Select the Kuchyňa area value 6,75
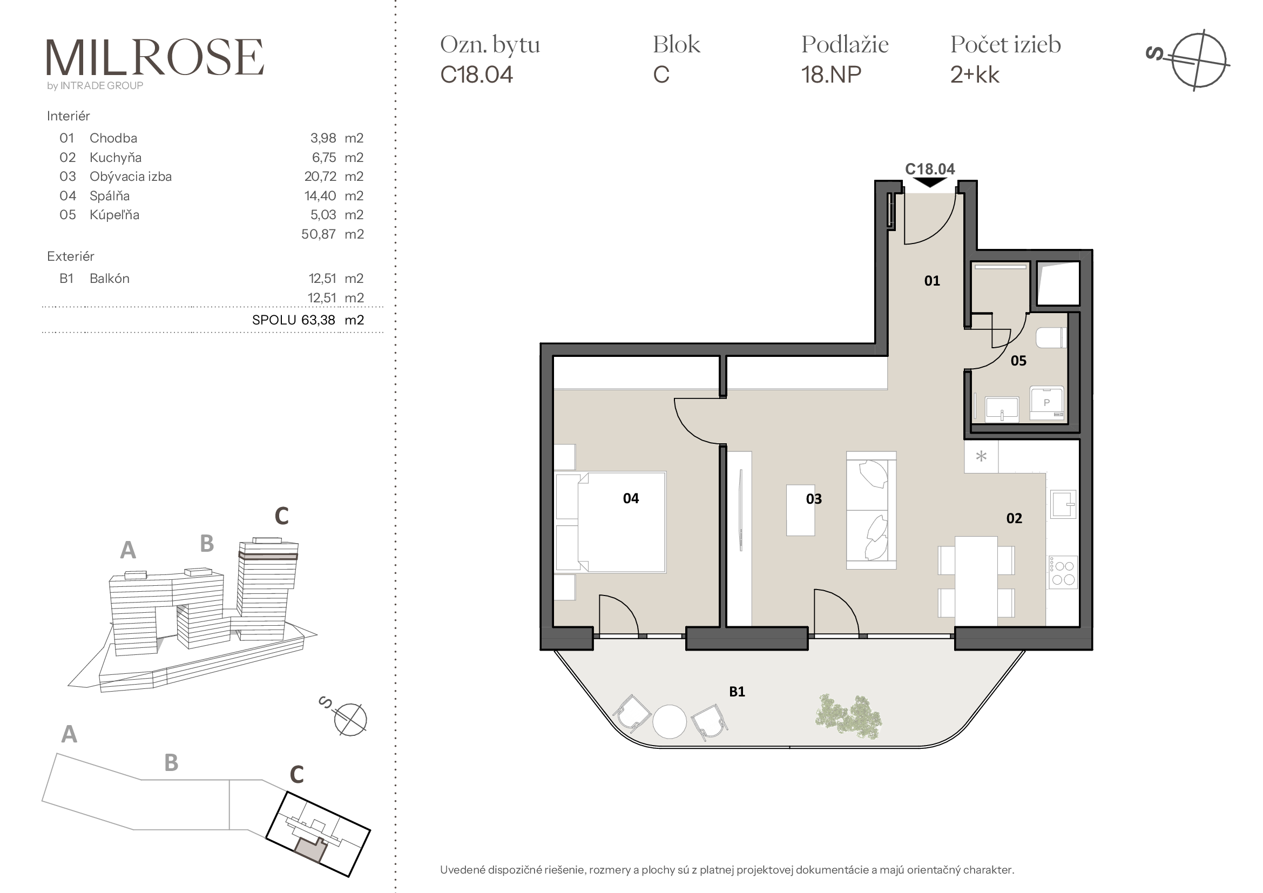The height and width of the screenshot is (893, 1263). click(324, 158)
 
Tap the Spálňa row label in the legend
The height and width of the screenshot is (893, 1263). click(110, 196)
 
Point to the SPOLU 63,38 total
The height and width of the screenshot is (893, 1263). click(308, 320)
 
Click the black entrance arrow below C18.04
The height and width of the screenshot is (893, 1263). click(930, 182)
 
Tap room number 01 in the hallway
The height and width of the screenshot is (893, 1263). click(932, 281)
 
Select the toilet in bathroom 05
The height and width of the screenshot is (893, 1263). click(1051, 337)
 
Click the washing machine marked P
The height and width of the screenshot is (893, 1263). click(1047, 403)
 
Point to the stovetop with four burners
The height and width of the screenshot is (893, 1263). click(1063, 572)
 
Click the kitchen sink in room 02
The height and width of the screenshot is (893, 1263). click(1063, 504)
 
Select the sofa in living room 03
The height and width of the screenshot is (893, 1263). click(872, 510)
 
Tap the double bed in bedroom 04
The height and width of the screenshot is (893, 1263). click(610, 522)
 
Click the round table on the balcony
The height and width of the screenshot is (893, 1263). click(670, 721)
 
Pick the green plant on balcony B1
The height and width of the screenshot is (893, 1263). click(848, 714)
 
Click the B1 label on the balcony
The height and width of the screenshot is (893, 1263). click(737, 692)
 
